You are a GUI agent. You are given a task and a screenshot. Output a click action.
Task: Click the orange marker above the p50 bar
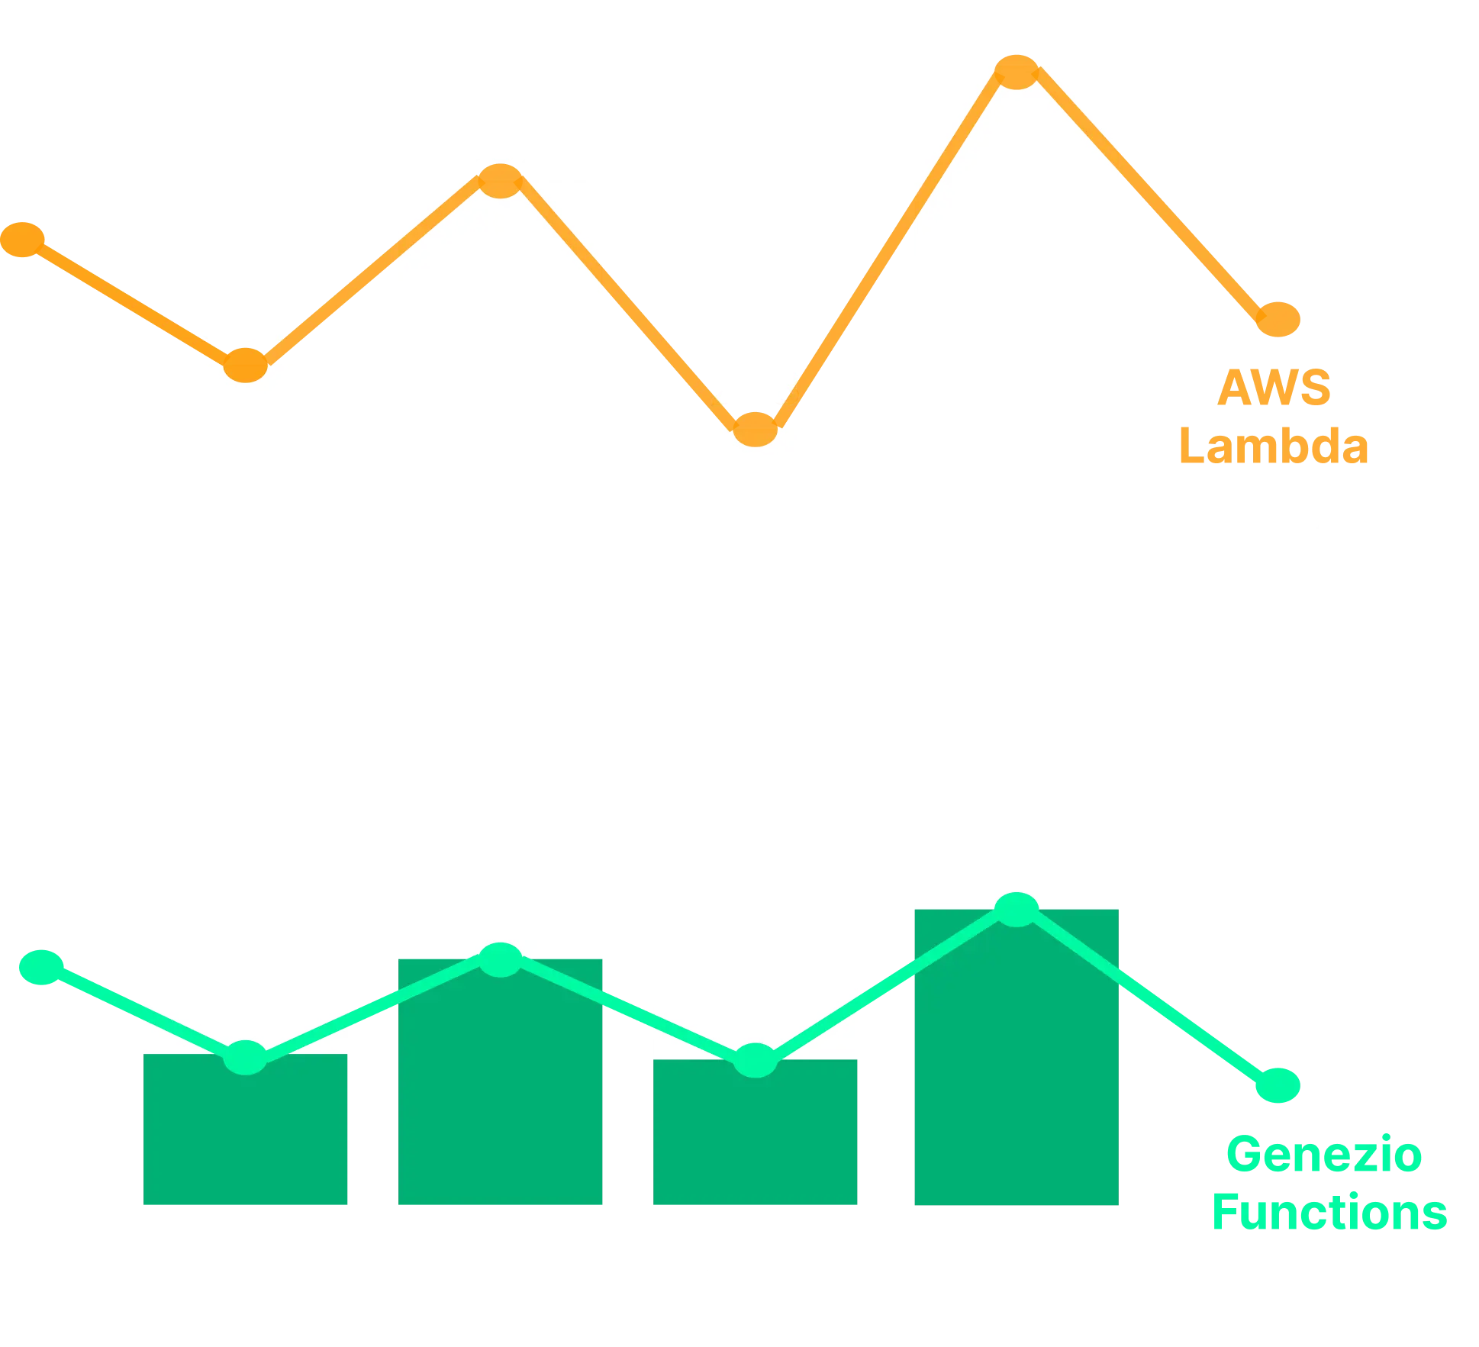[x=245, y=365]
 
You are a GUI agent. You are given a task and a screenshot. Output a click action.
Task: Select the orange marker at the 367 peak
[x=500, y=182]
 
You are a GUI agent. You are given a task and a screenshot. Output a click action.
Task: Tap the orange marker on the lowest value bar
[x=755, y=429]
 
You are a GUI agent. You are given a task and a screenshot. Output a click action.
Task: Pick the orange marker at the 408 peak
[x=1017, y=72]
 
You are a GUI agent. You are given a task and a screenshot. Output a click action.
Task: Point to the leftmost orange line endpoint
[x=23, y=240]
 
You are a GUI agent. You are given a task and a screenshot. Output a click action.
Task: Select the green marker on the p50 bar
[x=246, y=1058]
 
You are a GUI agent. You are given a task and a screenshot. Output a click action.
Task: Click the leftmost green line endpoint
[x=40, y=968]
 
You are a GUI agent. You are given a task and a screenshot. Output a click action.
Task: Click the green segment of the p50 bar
[x=244, y=1145]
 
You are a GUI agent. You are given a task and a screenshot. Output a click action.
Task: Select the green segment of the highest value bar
[x=1016, y=1068]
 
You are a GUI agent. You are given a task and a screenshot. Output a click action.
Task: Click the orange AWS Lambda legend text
[x=1273, y=417]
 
